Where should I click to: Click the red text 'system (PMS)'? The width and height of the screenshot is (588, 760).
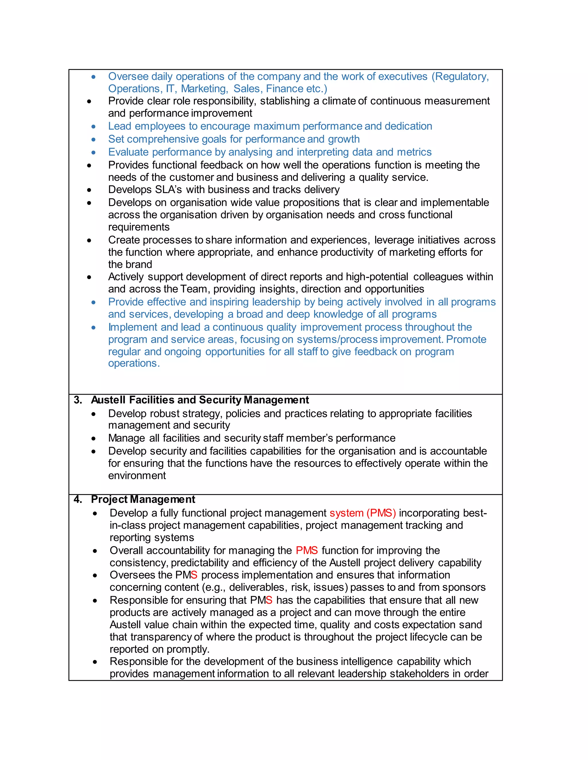coord(362,513)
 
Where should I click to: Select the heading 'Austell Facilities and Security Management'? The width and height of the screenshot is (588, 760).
coord(200,400)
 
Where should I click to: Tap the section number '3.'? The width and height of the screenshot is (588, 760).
coord(78,400)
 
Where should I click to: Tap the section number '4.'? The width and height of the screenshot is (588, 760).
coord(78,499)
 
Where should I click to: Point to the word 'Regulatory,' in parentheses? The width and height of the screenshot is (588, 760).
coord(460,76)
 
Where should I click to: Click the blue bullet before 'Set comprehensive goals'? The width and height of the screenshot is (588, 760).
coord(93,140)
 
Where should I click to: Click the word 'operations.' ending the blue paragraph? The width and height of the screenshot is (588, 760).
coord(134,363)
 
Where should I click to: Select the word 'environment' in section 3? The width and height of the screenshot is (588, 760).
coord(137,476)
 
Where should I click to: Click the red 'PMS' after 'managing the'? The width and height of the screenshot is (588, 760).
coord(307,551)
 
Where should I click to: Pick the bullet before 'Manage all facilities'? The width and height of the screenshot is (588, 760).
coord(93,439)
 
